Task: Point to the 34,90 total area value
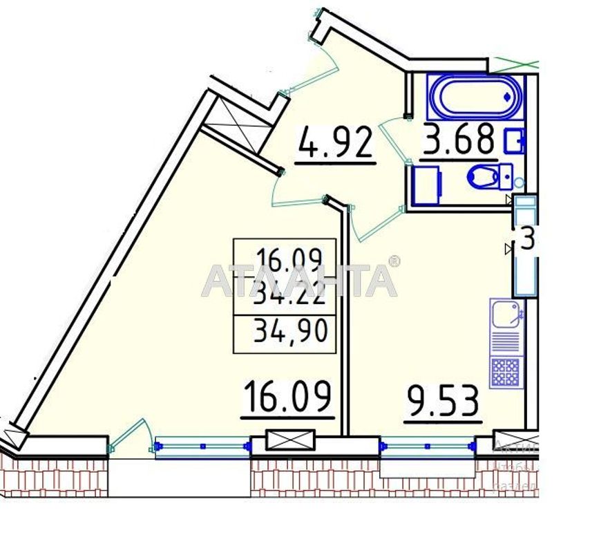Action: point(290,333)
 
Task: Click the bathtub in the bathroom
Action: point(474,96)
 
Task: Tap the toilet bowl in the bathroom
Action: point(484,177)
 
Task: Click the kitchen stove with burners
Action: point(506,371)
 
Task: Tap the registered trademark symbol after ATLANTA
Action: point(394,261)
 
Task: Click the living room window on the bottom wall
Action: point(202,447)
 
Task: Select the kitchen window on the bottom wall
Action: point(428,447)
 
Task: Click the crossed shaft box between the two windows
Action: point(289,440)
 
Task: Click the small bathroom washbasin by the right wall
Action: point(515,140)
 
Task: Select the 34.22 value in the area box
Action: point(289,297)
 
